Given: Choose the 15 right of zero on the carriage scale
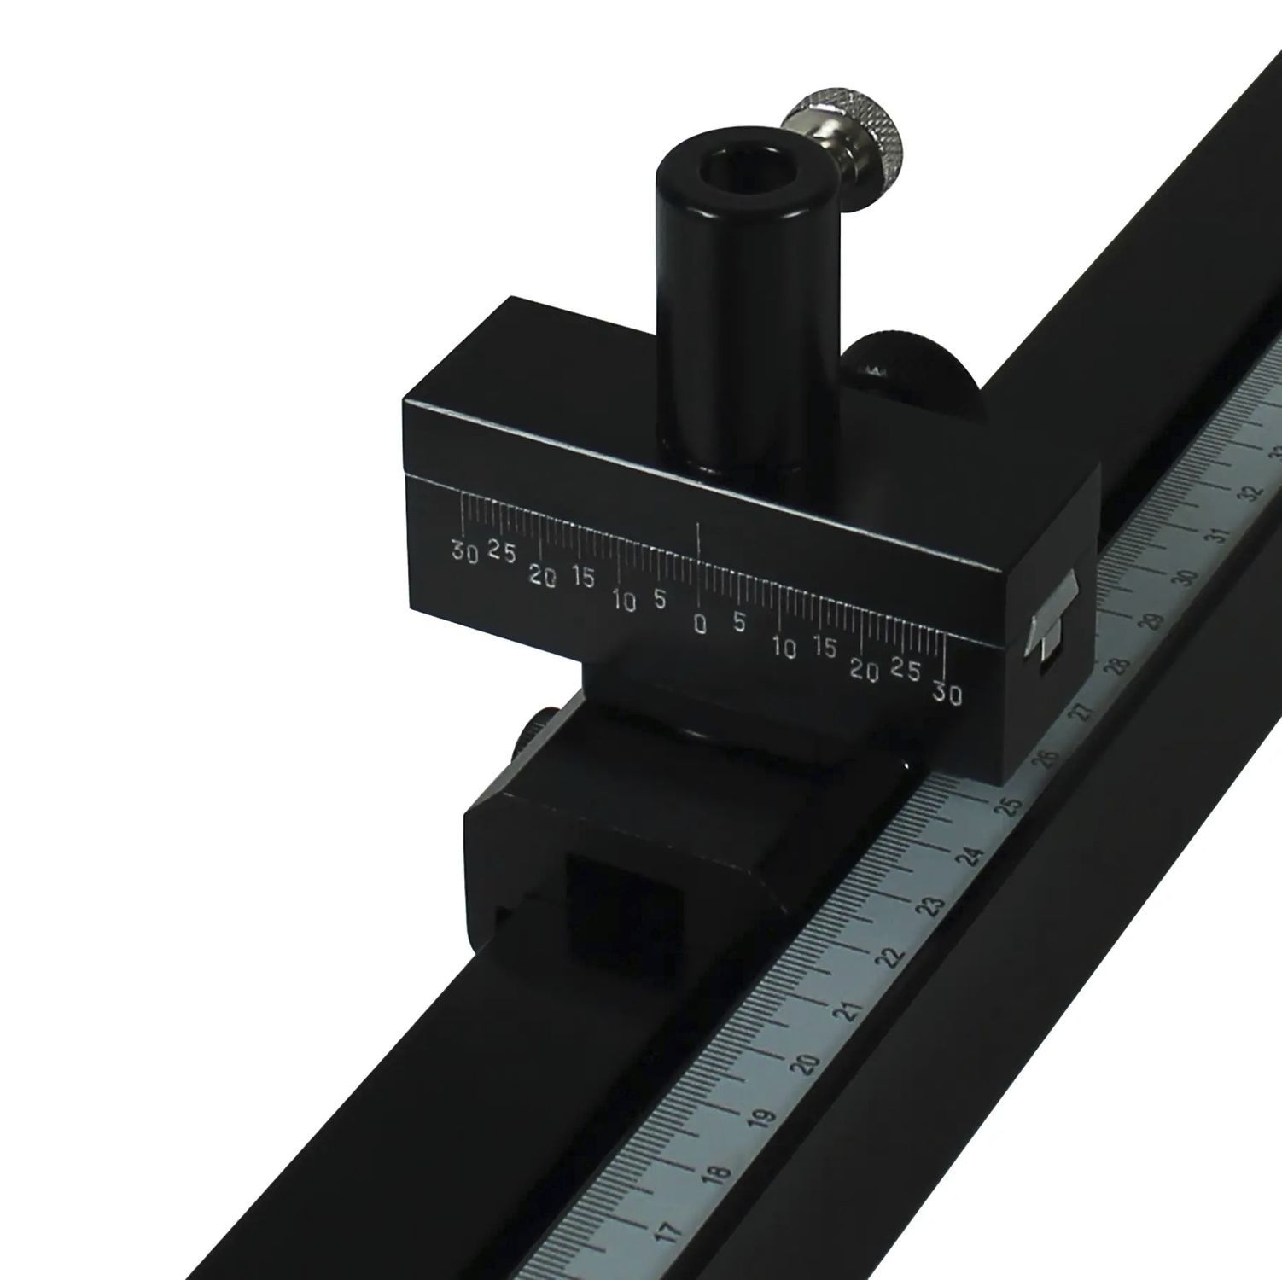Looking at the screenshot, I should coord(825,648).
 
